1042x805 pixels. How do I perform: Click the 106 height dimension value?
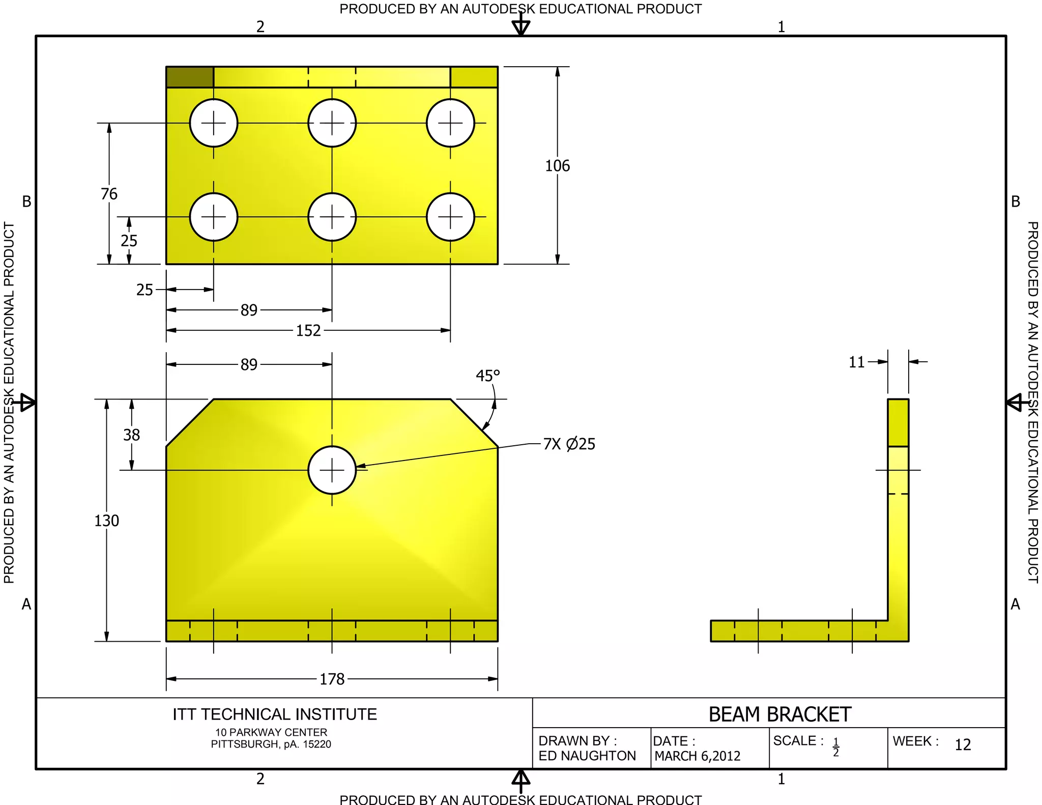coord(557,166)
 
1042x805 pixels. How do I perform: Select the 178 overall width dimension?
coord(332,679)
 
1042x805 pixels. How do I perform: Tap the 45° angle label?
coord(487,376)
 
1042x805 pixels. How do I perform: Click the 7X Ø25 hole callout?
coord(569,444)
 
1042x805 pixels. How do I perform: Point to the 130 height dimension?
coord(106,521)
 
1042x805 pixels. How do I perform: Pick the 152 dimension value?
coord(308,331)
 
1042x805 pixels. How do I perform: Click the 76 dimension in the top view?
coord(109,194)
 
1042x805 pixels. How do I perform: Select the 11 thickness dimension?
coord(857,362)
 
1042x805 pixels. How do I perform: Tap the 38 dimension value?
coord(131,435)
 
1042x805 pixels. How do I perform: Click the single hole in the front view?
coord(332,470)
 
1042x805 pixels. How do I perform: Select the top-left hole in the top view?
coord(214,123)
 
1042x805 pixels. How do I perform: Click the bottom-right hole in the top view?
coord(450,217)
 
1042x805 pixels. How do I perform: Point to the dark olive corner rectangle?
coord(190,77)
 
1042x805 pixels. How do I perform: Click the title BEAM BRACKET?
coord(779,714)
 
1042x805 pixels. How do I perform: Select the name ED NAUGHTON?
coord(587,756)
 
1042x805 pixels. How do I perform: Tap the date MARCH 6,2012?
coord(697,756)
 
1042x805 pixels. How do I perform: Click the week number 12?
coord(963,745)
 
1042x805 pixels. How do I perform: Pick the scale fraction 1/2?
coord(835,747)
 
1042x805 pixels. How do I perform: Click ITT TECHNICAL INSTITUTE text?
coord(275,714)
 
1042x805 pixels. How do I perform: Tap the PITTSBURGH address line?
coord(271,744)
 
